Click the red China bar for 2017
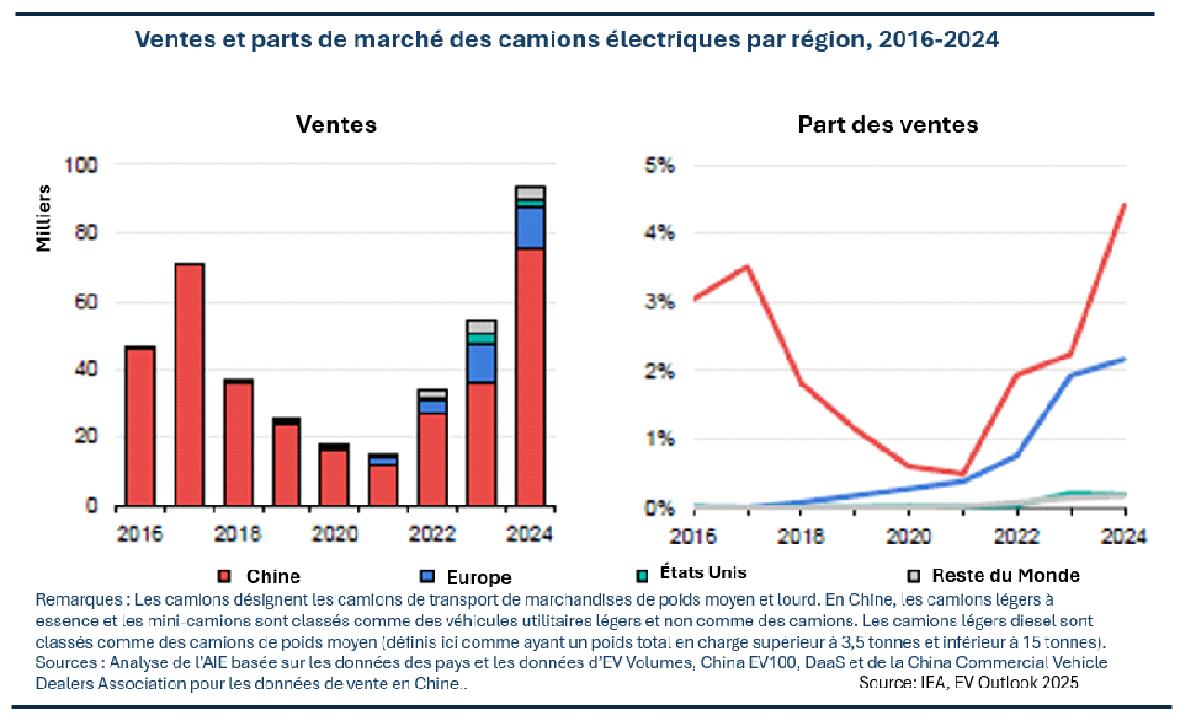click(x=189, y=385)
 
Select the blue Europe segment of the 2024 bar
click(x=530, y=228)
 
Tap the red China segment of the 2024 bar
click(x=530, y=376)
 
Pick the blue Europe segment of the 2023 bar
click(x=481, y=363)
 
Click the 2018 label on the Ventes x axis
click(x=239, y=534)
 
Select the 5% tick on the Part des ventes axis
click(x=660, y=165)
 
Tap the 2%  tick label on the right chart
click(x=660, y=371)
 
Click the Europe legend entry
click(x=478, y=578)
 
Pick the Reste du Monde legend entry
click(x=1005, y=575)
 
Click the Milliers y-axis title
click(x=44, y=217)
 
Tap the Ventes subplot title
click(x=336, y=125)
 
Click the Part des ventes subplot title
click(x=888, y=125)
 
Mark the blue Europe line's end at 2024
click(x=1124, y=359)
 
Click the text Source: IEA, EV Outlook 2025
click(x=968, y=682)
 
